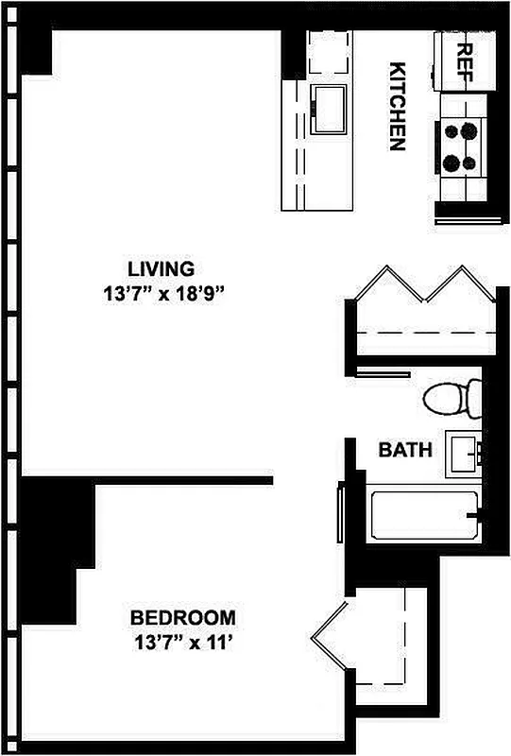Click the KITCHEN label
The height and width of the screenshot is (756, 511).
pos(398,106)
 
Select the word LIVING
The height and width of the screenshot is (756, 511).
pos(162,267)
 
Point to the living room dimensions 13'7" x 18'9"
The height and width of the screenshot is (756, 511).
pos(162,293)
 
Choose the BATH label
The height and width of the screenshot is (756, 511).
pos(405,450)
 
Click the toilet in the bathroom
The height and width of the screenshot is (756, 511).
pos(451,398)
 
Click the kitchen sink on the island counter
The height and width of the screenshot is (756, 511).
pos(332,107)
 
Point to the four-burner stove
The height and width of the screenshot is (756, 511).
pos(461,147)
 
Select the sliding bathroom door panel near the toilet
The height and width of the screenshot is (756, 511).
pos(385,374)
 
